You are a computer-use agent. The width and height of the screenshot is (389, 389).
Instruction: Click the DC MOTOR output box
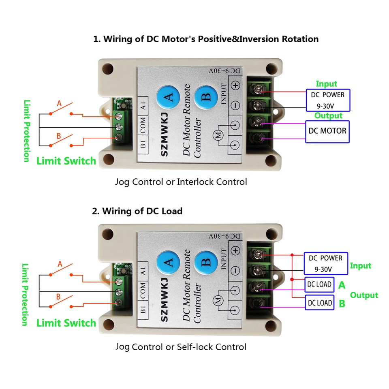[327, 131]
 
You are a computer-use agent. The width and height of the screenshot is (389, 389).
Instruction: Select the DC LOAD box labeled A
[319, 284]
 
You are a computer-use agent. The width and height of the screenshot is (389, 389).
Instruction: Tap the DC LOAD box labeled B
[319, 303]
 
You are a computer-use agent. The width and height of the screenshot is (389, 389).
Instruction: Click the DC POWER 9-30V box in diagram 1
[327, 100]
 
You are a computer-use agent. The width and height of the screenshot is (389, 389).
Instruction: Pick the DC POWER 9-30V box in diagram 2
[325, 263]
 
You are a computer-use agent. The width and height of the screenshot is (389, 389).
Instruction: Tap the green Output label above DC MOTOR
[329, 116]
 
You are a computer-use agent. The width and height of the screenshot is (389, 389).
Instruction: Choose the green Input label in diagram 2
[360, 266]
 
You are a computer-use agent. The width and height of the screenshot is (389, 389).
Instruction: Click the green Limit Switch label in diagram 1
[66, 161]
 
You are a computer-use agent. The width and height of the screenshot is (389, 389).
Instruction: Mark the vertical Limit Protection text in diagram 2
[25, 294]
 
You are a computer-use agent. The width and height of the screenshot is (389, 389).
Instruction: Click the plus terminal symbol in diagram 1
[235, 85]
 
